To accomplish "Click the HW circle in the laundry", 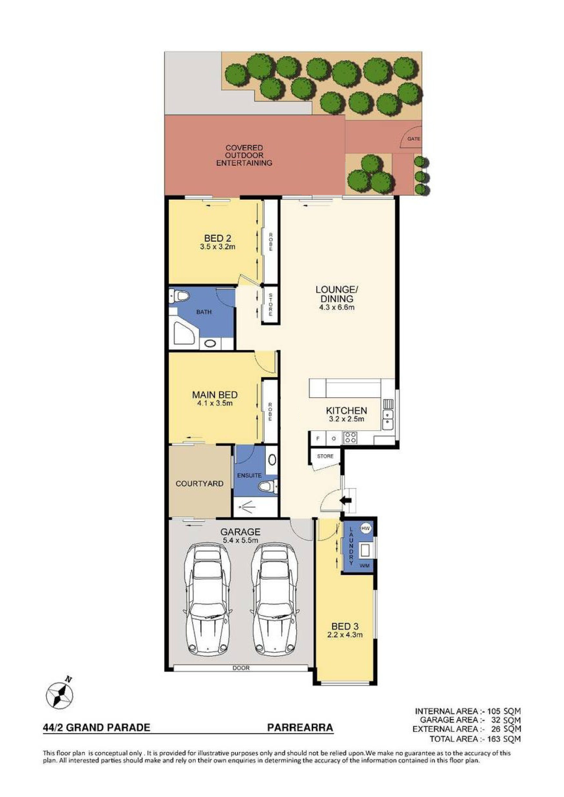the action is [365, 528].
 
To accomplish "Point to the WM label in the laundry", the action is [365, 566].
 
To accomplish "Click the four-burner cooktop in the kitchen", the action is [350, 437].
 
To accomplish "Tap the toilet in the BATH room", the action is [179, 296].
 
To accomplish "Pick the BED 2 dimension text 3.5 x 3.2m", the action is [218, 247].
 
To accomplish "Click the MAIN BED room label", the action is [215, 395].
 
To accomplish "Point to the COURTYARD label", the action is [199, 484].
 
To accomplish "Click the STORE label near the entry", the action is [325, 457].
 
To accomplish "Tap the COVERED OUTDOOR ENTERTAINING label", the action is [244, 156].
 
